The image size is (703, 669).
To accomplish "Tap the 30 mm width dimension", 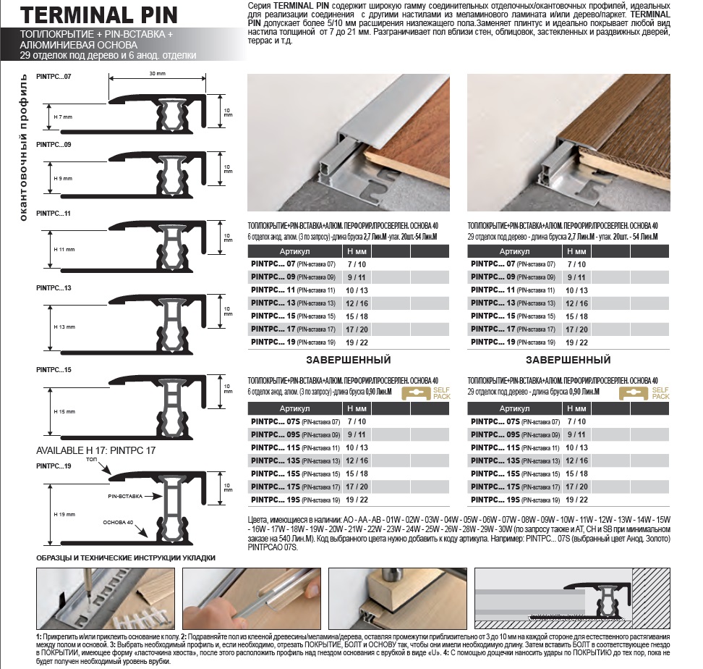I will tap(158, 74).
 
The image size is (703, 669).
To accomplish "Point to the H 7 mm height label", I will tap(63, 117).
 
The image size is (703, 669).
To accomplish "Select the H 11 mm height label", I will tap(64, 249).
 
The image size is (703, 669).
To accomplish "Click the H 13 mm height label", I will tap(64, 327).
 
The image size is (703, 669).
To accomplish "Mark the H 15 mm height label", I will tap(64, 411).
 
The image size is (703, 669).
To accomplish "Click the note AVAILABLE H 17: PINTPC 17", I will tap(96, 450).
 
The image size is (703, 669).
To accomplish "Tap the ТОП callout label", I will tap(91, 460).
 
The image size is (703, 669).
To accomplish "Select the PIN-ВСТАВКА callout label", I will tap(126, 497).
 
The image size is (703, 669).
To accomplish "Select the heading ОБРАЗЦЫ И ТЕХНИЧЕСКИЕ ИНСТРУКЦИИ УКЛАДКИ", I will tap(126, 557).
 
